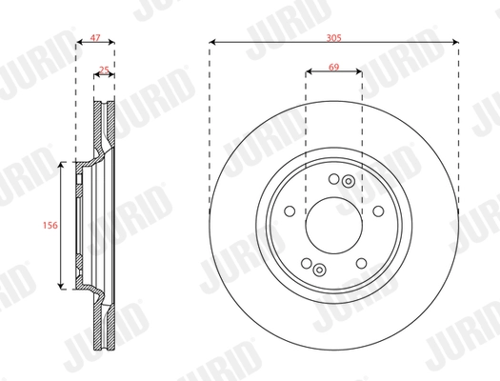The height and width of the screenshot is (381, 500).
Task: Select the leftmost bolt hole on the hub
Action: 290,211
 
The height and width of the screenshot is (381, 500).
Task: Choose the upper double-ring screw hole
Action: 349,182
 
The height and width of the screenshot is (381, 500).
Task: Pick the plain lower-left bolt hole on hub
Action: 306,264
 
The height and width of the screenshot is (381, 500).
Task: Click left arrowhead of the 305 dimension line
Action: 211,42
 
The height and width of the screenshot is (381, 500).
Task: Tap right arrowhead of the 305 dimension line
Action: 454,42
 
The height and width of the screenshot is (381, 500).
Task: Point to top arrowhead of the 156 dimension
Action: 63,164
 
